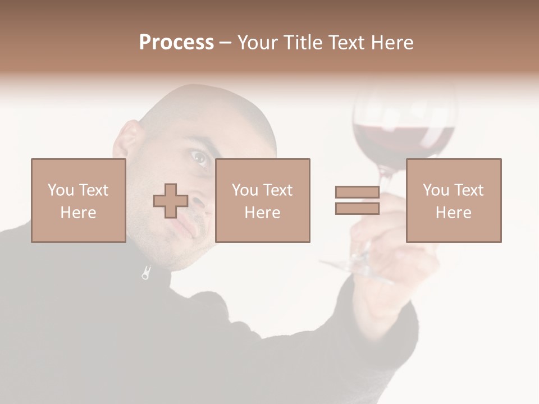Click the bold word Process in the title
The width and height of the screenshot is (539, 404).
(176, 42)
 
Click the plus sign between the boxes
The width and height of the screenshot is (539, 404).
(171, 201)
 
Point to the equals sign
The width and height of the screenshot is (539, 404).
(357, 200)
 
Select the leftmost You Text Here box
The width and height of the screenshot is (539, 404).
(78, 200)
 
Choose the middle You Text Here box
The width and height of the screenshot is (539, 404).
(262, 200)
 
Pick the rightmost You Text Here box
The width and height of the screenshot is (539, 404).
(453, 200)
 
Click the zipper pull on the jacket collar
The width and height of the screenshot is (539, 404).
(146, 273)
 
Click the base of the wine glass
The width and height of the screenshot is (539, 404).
(354, 268)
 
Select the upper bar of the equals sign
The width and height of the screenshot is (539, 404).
(357, 192)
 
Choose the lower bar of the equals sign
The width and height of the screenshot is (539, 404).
(357, 209)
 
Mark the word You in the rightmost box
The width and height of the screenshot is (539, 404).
(435, 190)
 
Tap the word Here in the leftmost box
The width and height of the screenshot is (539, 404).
(78, 213)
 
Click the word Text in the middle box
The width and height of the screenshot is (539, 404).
(278, 190)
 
